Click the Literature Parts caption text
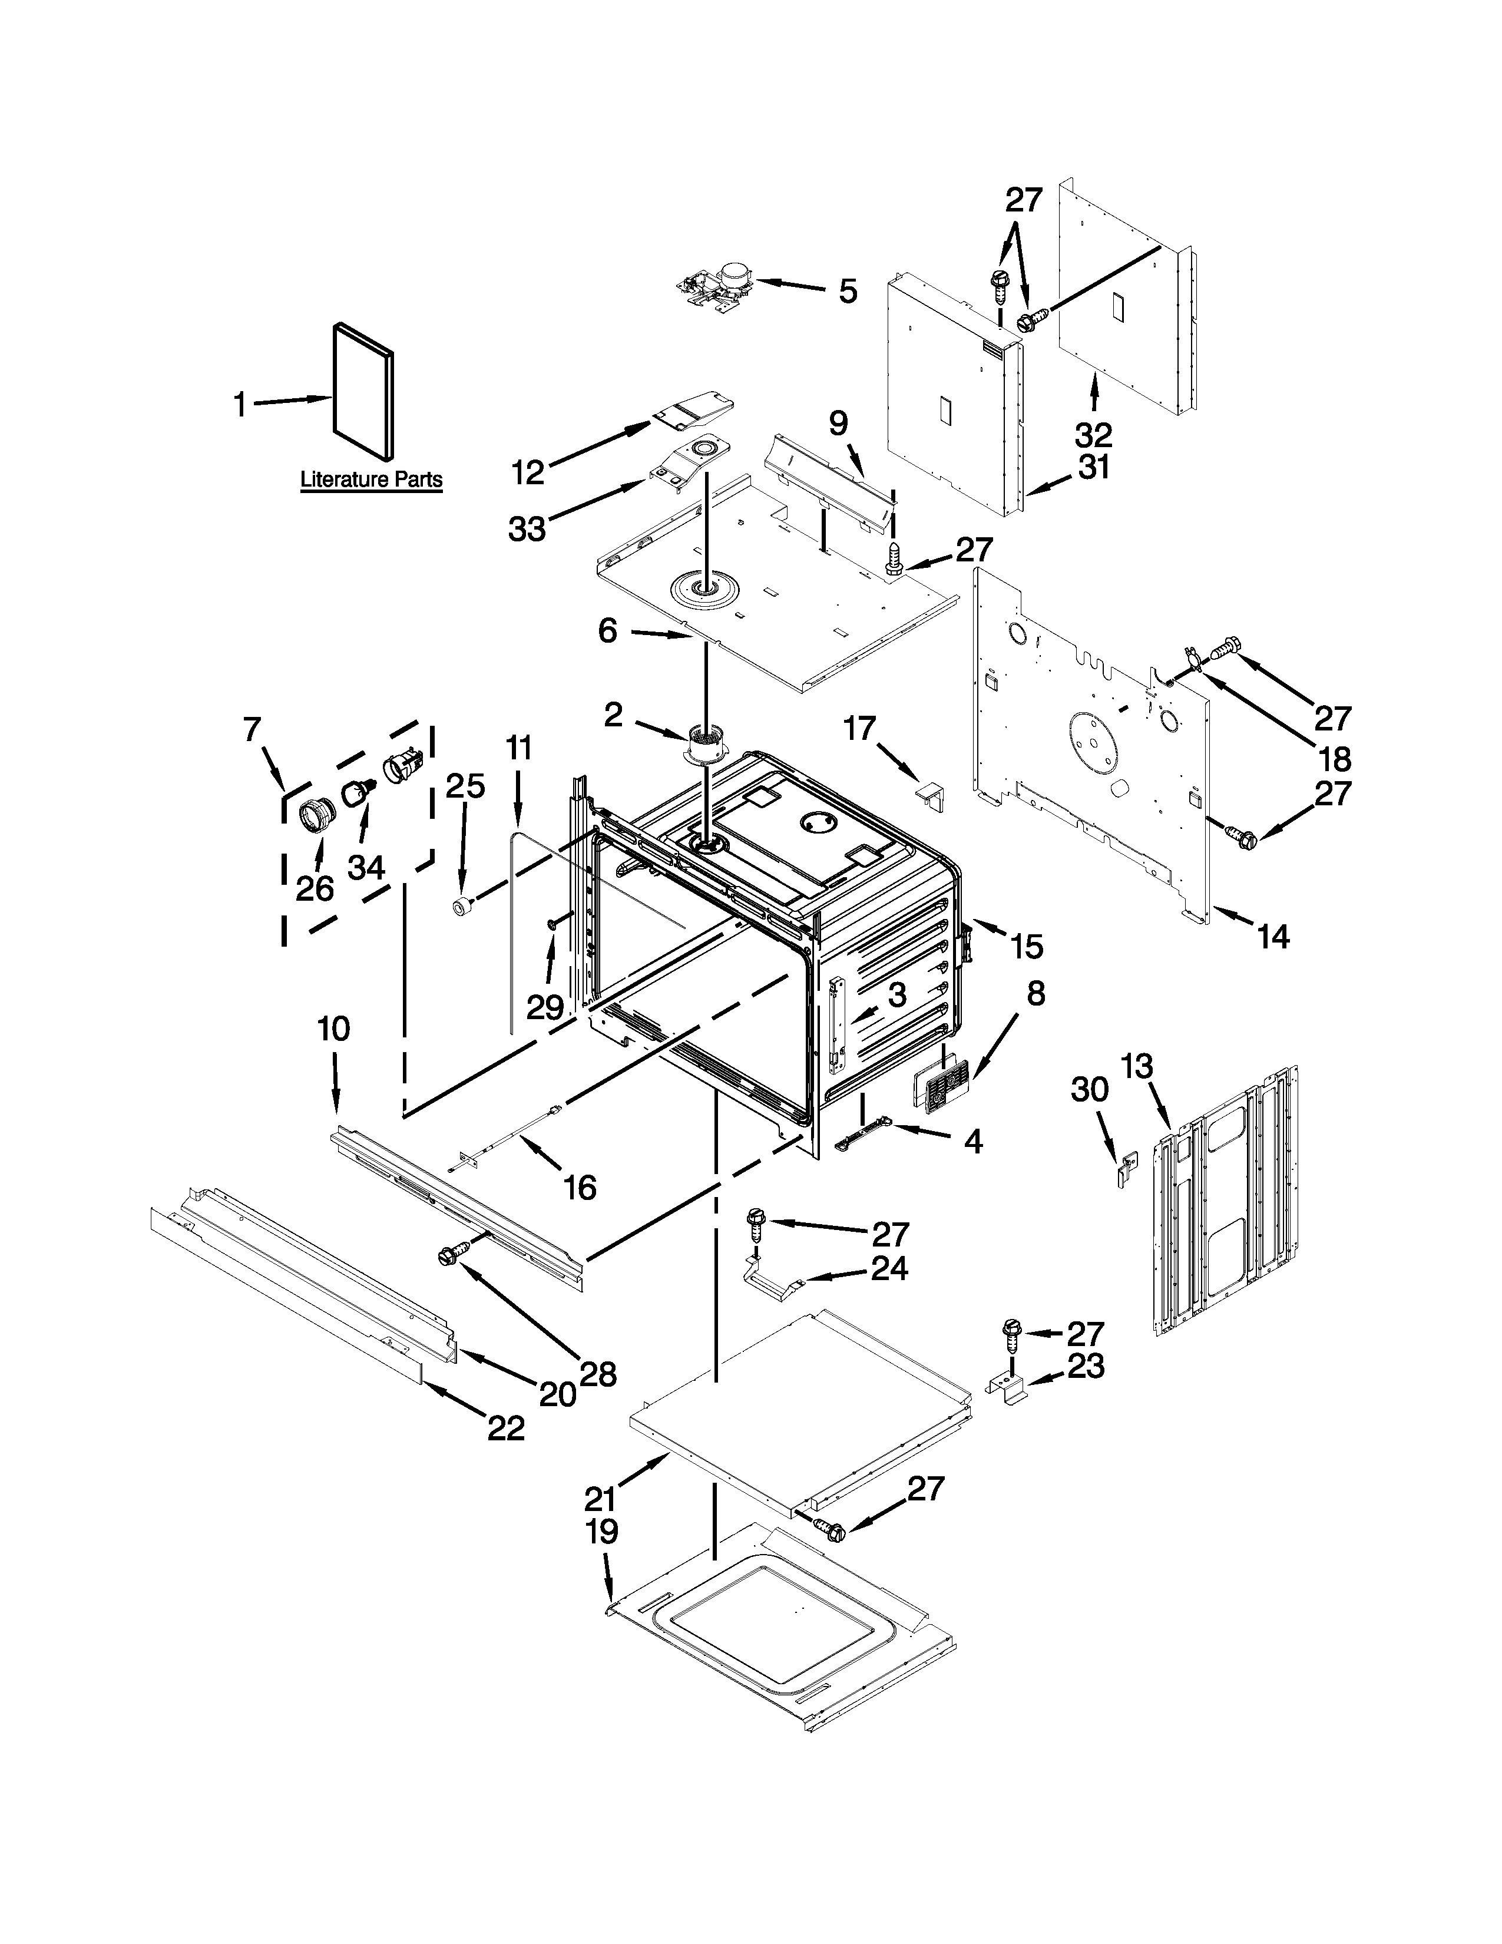[371, 480]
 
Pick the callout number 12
[528, 472]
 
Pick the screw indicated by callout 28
[446, 1256]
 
